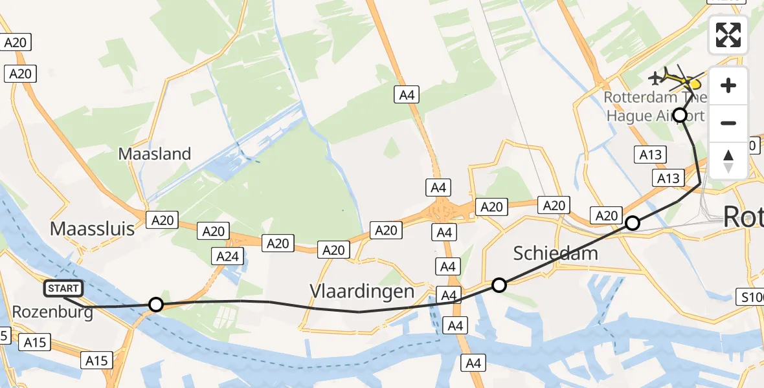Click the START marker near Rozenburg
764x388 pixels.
(63, 288)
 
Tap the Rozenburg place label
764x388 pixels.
(52, 312)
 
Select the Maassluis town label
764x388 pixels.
(92, 228)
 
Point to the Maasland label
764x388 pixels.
(155, 154)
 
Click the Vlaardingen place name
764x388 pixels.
(362, 291)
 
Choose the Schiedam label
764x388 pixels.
(556, 253)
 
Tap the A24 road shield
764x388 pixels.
(228, 257)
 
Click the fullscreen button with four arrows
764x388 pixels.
(728, 34)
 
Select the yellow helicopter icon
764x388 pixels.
(687, 81)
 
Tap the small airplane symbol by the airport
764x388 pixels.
(656, 78)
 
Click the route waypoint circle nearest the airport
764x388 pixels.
(680, 116)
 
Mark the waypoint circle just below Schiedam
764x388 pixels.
(499, 285)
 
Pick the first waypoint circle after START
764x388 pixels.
(155, 304)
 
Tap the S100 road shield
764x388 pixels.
(752, 297)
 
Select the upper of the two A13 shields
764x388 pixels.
(651, 154)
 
